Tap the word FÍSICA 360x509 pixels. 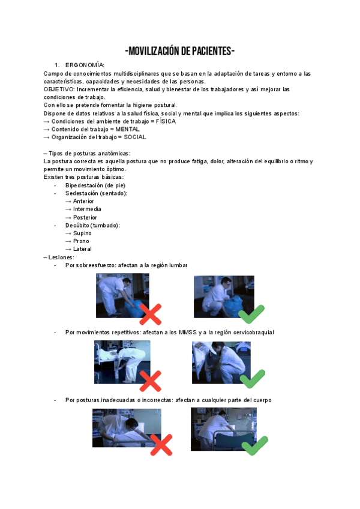[x=166, y=121]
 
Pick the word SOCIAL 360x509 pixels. [x=135, y=137]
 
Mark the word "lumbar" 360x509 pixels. [x=178, y=265]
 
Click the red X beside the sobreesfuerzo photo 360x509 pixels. [x=151, y=314]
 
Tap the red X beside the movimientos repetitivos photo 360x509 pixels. [x=150, y=381]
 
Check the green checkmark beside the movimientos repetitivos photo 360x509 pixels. [x=252, y=378]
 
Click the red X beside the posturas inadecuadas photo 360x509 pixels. [x=161, y=445]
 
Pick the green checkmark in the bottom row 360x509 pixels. [x=254, y=445]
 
